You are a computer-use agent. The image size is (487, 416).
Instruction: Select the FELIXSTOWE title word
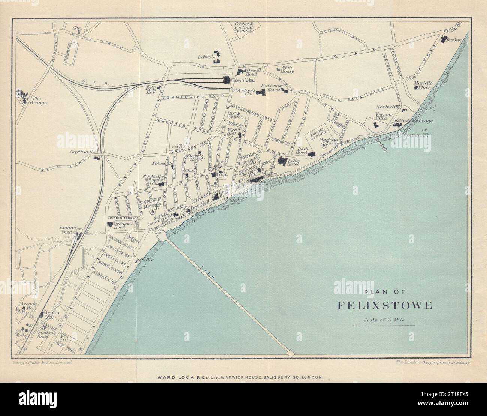tap(385, 305)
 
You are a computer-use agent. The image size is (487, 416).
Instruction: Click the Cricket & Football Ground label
tap(243, 27)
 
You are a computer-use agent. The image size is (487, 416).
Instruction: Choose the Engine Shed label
tap(69, 230)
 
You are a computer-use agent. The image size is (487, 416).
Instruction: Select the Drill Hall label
tap(151, 90)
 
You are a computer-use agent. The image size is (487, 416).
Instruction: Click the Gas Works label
tap(21, 333)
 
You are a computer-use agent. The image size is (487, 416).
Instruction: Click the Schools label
tap(206, 56)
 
